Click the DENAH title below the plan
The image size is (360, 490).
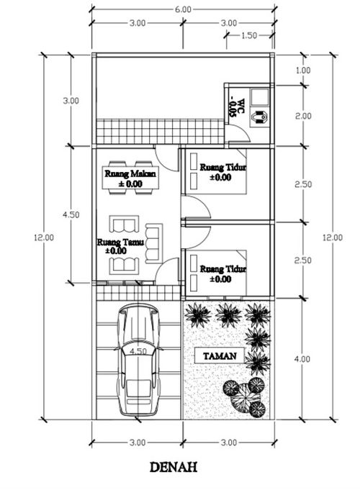coord(174,467)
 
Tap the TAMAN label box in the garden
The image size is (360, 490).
coord(220,355)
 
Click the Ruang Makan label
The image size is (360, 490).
coord(130,173)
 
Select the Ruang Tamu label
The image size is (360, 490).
coord(120,242)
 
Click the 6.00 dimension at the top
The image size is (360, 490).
coord(183,9)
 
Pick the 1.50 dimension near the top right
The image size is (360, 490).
coord(249,35)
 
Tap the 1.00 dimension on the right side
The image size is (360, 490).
coord(303,71)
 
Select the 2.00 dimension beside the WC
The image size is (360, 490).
coord(303,116)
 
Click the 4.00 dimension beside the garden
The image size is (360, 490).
coord(302,359)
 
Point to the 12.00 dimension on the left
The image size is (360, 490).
coord(44,237)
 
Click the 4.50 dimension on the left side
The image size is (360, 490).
coord(71,214)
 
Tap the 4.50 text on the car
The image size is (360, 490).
coord(138,351)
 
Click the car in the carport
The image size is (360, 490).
coord(138,360)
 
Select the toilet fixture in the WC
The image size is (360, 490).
coord(259,117)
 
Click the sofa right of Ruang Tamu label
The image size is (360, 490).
coord(153,243)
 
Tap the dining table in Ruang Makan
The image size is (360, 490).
coord(130,178)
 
